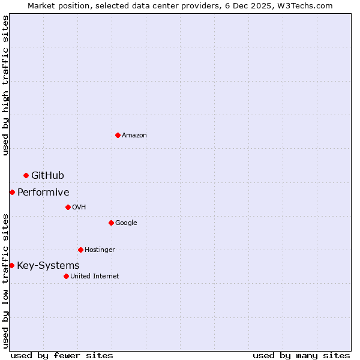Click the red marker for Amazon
click(118, 135)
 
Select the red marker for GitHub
click(26, 175)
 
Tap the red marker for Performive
click(12, 192)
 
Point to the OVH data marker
click(68, 207)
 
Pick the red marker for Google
click(111, 223)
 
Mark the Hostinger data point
click(80, 250)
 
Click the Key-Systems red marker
click(11, 265)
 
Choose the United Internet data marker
click(66, 276)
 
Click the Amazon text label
click(134, 136)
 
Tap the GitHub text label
click(47, 176)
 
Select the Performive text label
click(43, 193)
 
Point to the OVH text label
click(79, 208)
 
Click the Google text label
click(126, 223)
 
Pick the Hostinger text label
click(100, 250)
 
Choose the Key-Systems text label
click(48, 266)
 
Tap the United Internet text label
click(94, 277)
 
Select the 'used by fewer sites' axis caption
click(62, 355)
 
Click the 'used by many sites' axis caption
click(301, 355)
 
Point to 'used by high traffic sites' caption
click(5, 85)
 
